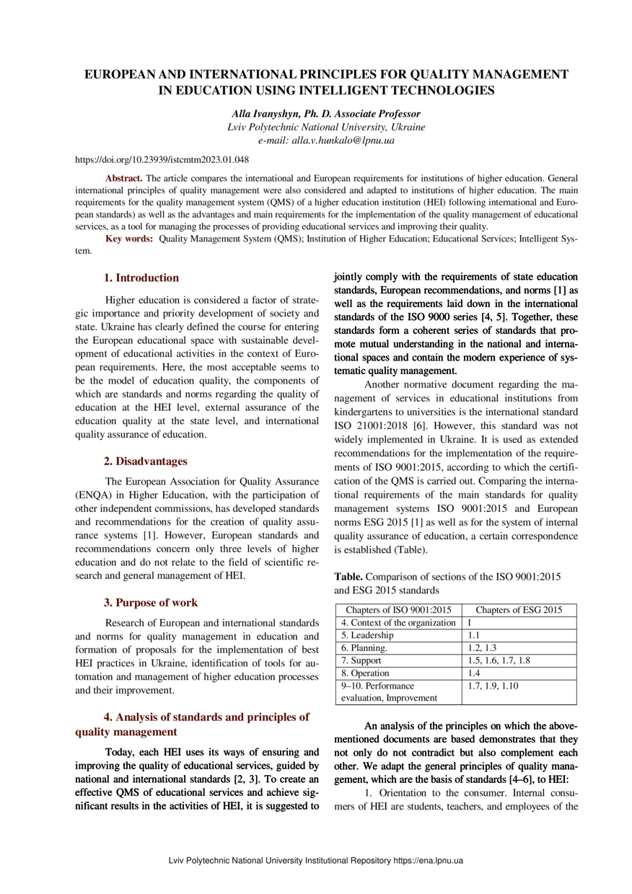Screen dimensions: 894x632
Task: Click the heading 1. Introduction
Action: pos(141,278)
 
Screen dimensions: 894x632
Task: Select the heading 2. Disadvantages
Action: pos(146,460)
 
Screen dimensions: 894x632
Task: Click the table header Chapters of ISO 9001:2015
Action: pos(398,611)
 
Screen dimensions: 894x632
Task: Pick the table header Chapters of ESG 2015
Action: pos(519,611)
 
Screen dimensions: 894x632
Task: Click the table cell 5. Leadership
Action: pos(367,636)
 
